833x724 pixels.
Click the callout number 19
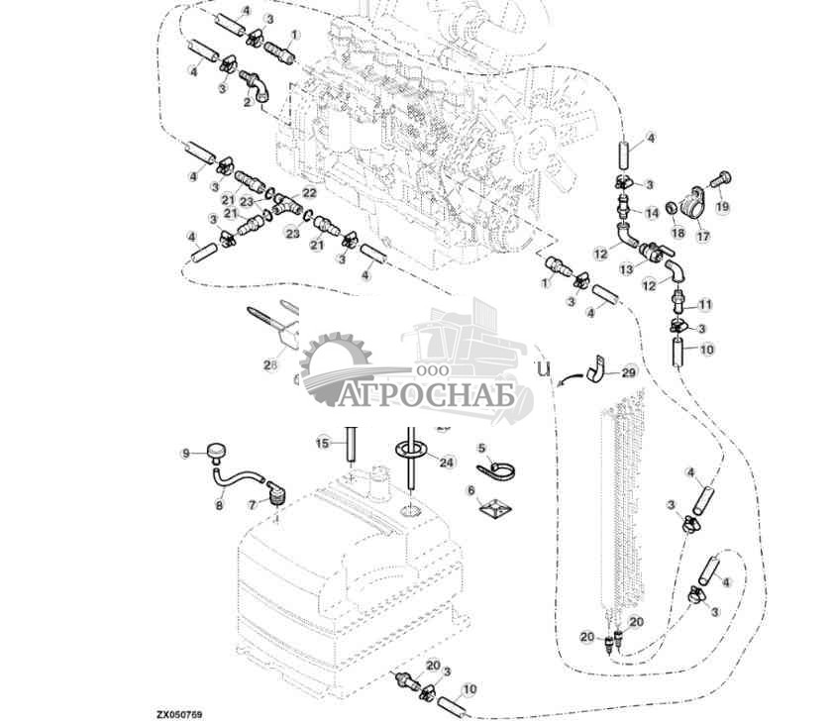click(x=722, y=206)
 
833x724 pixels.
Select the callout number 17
click(x=702, y=236)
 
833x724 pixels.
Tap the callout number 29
click(x=629, y=372)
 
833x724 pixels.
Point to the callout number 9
click(x=184, y=454)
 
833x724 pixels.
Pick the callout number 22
click(x=309, y=193)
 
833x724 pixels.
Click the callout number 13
click(x=628, y=269)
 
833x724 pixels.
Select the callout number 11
click(x=705, y=303)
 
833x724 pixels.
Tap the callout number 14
click(x=651, y=213)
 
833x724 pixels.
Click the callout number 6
click(x=471, y=490)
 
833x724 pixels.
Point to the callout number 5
click(x=481, y=448)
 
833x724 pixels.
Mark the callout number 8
click(x=220, y=504)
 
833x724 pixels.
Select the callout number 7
click(x=253, y=504)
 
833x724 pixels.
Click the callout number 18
click(x=678, y=232)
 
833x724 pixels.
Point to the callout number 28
click(x=268, y=364)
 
